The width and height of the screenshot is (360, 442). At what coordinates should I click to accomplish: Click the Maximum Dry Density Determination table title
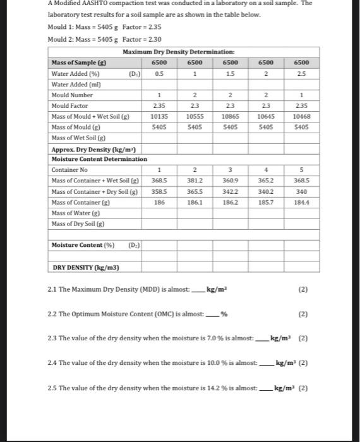coord(178,51)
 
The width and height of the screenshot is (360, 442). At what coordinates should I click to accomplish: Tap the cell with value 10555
coord(196,116)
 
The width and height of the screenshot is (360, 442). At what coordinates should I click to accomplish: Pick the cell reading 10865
coord(231,116)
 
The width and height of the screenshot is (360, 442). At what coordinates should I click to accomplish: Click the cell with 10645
coord(267,116)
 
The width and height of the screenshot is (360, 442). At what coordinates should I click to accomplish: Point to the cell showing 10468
coord(302,116)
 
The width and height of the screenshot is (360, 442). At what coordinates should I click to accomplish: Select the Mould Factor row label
coord(71,105)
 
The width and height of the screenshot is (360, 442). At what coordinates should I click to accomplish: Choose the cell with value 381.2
coord(196,180)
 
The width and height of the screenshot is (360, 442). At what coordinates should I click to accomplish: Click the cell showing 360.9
coord(231,180)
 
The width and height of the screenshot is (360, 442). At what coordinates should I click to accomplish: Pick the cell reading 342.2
coord(231,191)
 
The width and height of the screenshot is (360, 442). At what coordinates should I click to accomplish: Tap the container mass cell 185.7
coord(267,201)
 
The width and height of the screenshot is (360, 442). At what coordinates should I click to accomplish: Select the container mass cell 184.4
coord(302,201)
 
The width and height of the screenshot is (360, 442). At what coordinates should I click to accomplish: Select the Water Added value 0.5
coord(160,73)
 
